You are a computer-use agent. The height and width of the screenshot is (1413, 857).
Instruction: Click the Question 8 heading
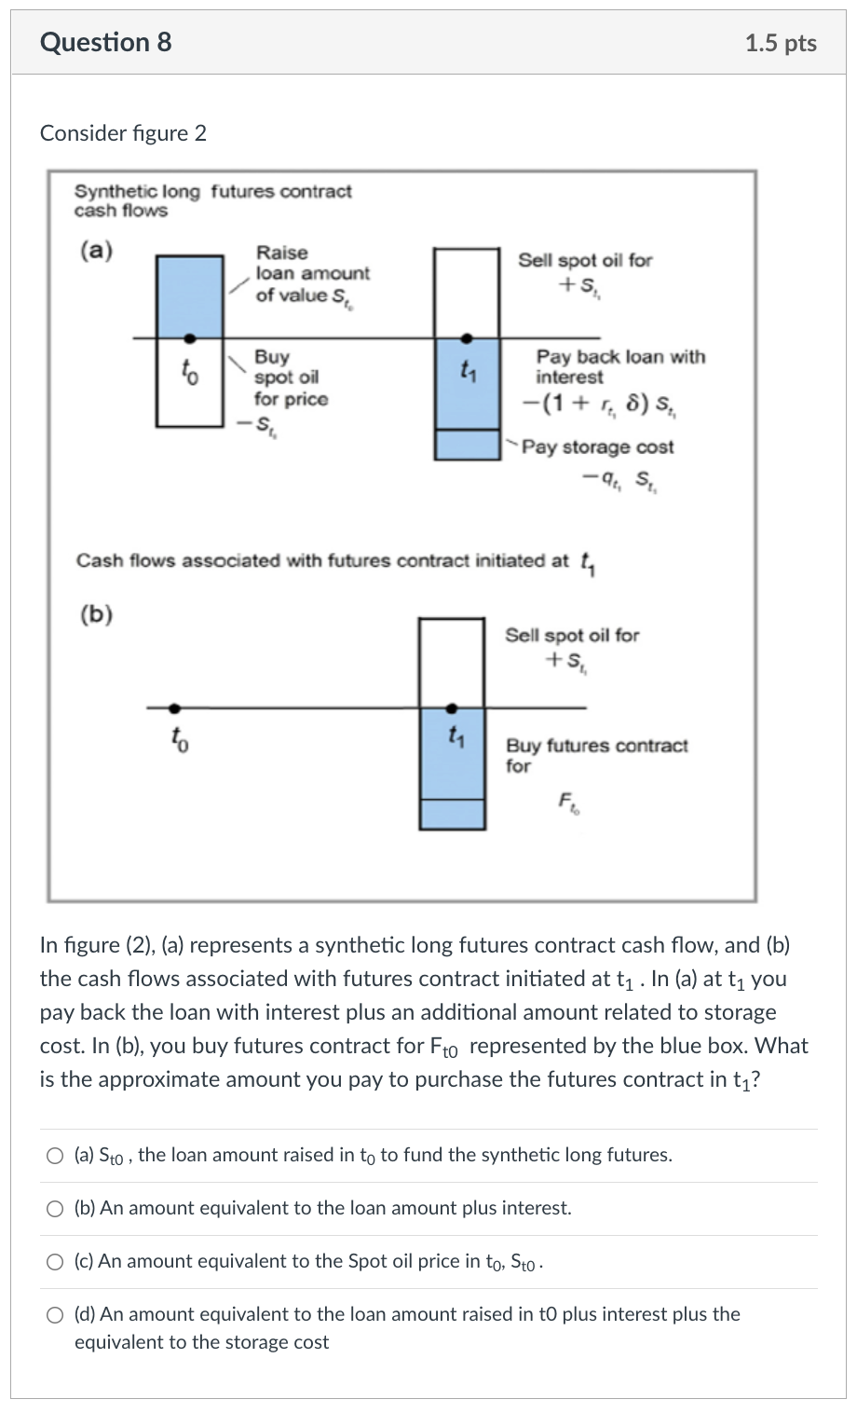pyautogui.click(x=105, y=43)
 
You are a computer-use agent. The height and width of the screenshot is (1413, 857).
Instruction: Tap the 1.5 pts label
pyautogui.click(x=781, y=44)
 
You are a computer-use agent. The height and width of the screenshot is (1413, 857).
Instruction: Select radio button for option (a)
pyautogui.click(x=56, y=1156)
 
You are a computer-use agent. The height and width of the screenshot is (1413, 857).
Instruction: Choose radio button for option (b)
pyautogui.click(x=56, y=1209)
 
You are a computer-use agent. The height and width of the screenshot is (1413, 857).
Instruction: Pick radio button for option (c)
pyautogui.click(x=56, y=1262)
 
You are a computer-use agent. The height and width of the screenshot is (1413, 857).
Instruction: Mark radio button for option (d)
pyautogui.click(x=56, y=1315)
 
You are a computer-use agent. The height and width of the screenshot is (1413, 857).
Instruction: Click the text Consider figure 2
pyautogui.click(x=123, y=133)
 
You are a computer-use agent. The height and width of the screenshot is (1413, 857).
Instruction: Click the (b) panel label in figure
pyautogui.click(x=96, y=614)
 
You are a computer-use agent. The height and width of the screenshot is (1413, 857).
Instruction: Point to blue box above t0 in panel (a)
pyautogui.click(x=190, y=295)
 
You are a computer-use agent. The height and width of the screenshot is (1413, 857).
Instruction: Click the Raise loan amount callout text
pyautogui.click(x=312, y=274)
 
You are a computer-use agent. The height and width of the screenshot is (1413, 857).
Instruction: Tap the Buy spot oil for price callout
pyautogui.click(x=290, y=378)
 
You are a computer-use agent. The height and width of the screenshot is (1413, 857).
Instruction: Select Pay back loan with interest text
pyautogui.click(x=619, y=366)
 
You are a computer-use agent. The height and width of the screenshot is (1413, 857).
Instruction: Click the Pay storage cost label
pyautogui.click(x=597, y=447)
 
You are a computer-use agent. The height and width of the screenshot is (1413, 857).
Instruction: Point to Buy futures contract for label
pyautogui.click(x=596, y=755)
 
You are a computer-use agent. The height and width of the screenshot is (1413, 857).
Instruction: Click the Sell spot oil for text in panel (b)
pyautogui.click(x=572, y=636)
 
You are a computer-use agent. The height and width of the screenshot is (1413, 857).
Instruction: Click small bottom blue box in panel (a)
pyautogui.click(x=468, y=445)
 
